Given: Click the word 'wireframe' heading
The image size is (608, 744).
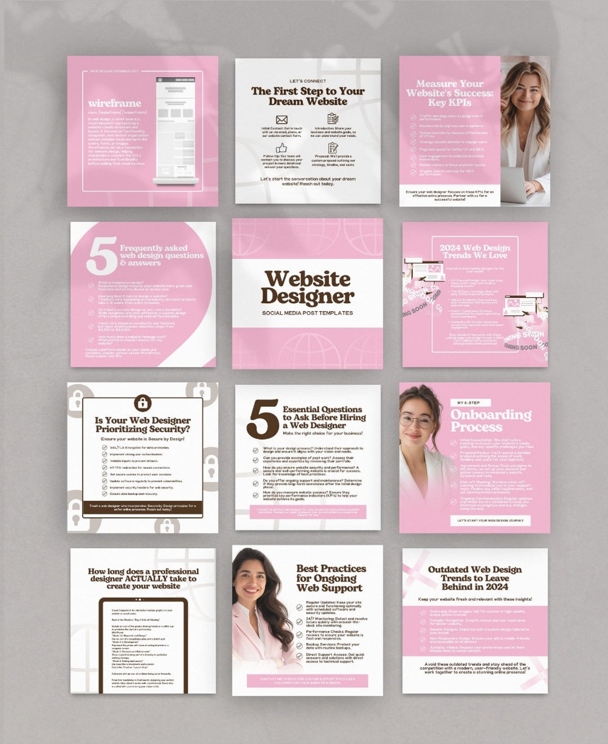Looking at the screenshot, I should pos(114,104).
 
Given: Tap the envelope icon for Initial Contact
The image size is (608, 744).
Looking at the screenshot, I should pos(281,120).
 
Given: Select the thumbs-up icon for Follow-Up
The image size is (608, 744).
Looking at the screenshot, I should pos(281,148).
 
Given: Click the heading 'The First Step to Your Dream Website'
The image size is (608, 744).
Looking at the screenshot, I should pos(307,96).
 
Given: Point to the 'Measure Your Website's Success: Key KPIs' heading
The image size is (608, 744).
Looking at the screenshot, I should pos(449,93).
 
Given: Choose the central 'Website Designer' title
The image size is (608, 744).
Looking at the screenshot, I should pos(307,287).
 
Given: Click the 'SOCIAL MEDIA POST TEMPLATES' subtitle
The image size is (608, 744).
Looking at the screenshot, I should pos(307,313).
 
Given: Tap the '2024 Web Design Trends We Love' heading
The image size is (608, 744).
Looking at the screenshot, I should pos(475,252).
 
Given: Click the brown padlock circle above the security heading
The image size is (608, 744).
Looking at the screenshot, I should pos(142,402).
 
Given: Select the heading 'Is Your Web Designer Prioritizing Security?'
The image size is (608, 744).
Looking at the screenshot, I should pos(142,424).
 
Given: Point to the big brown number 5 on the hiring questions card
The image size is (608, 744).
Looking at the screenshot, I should pos(262,419).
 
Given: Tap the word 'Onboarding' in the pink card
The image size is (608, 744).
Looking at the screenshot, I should pos(490,415).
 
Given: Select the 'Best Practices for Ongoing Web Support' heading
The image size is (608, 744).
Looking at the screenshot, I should pos(330,578).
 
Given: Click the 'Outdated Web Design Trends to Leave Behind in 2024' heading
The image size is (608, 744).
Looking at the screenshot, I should pos(475,578).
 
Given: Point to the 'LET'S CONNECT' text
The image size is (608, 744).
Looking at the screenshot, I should pos(307,81).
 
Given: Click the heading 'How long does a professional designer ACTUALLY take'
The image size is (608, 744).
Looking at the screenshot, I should pos(143,579).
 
